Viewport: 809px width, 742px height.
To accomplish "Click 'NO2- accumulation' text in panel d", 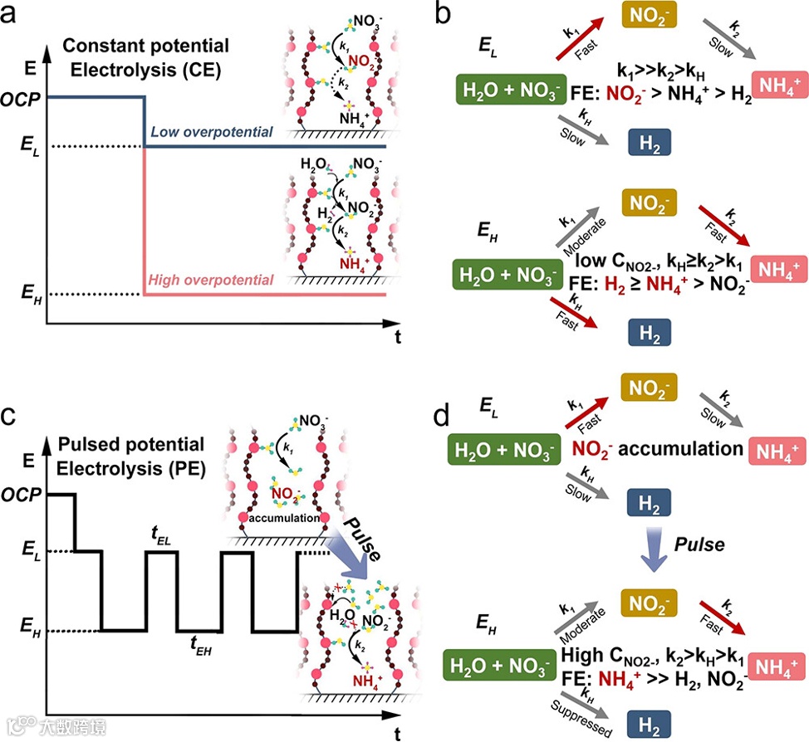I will tap(657, 449).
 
